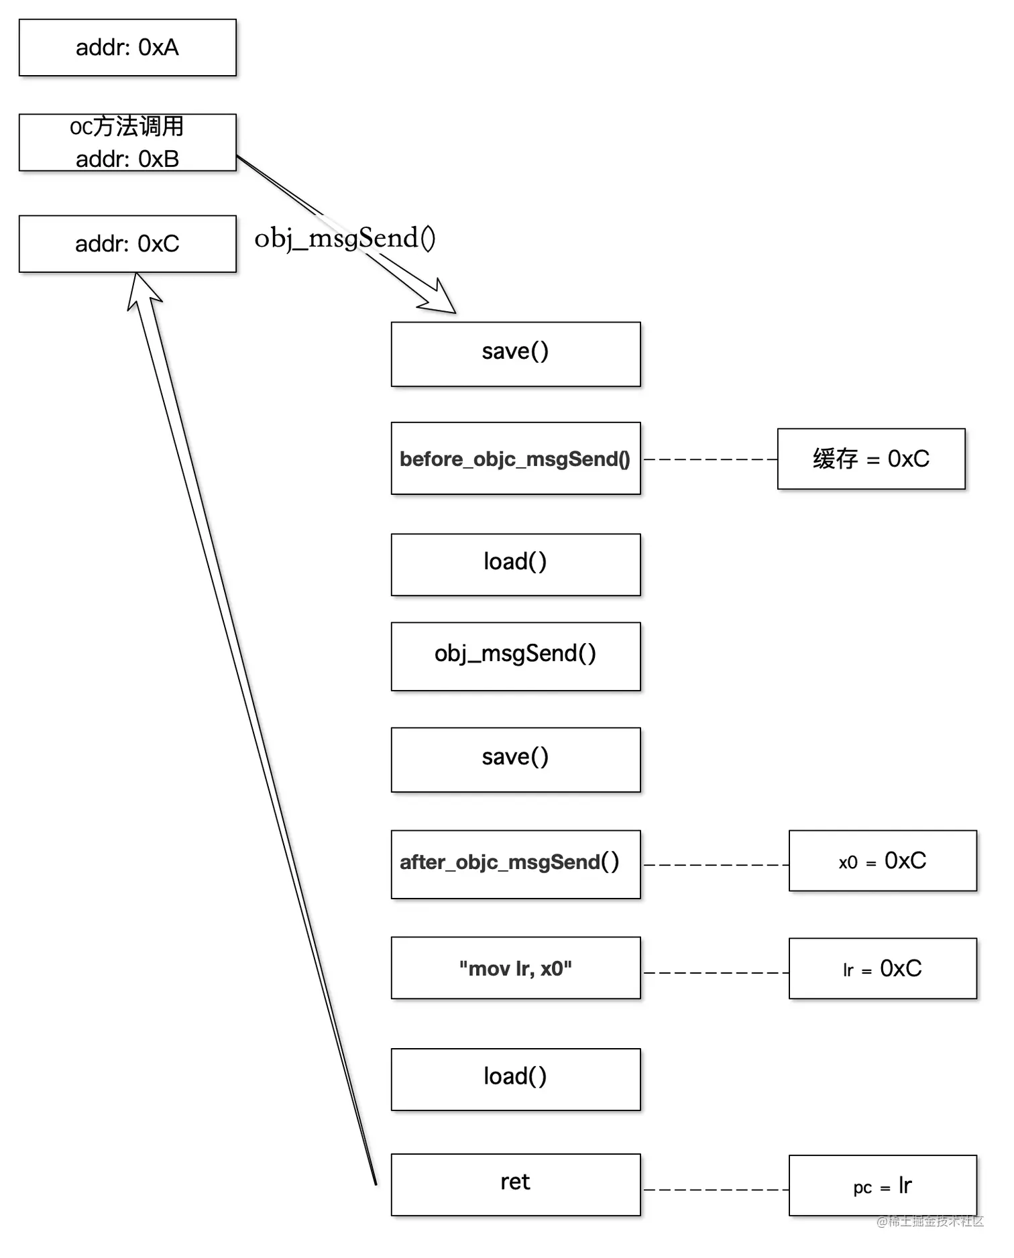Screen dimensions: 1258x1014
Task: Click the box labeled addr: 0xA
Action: [x=127, y=48]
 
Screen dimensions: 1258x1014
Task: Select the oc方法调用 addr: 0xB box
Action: [x=127, y=142]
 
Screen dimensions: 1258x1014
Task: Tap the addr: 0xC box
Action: [x=127, y=243]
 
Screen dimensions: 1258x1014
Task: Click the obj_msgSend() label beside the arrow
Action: [x=345, y=238]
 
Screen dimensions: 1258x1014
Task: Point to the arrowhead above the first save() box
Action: [x=440, y=299]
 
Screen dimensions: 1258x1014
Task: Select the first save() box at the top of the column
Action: [x=515, y=353]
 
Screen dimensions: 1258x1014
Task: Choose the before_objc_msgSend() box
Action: [x=515, y=458]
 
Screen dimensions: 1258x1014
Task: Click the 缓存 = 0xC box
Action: [x=870, y=459]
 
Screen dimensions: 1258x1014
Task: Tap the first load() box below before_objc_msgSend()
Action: [x=515, y=564]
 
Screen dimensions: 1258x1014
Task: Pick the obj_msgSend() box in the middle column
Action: [x=515, y=656]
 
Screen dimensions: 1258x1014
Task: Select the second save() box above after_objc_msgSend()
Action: [x=515, y=759]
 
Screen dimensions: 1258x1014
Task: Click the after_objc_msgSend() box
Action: [x=515, y=864]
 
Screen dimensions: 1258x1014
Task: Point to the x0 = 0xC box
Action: [x=882, y=860]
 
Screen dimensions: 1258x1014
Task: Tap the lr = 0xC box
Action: [x=882, y=968]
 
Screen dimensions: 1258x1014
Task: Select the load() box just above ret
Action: [x=515, y=1078]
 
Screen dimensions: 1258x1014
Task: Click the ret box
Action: [x=515, y=1184]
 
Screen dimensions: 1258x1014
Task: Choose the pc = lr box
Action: [x=882, y=1185]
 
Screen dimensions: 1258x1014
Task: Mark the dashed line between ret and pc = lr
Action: [x=715, y=1189]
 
